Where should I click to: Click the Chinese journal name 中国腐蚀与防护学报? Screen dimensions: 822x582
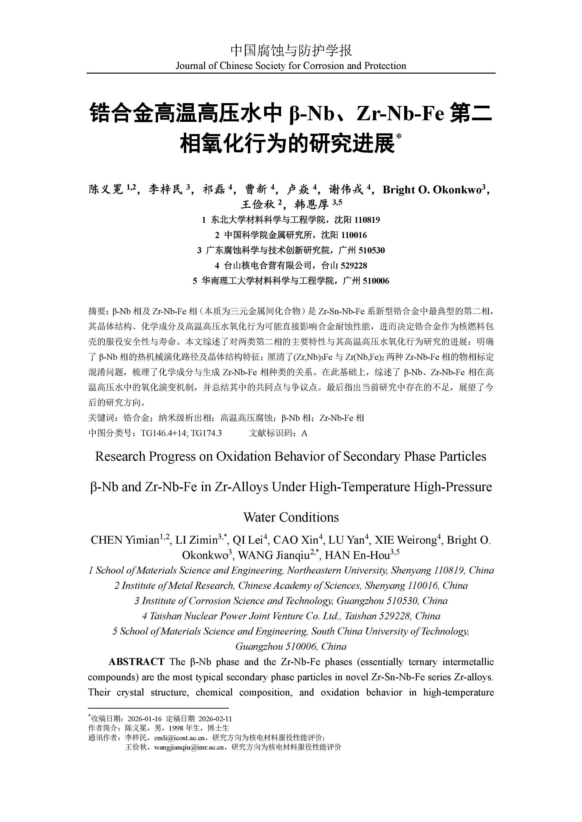tap(291, 50)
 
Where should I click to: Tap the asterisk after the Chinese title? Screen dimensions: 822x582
tap(399, 136)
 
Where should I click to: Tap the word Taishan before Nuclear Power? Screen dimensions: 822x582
tap(165, 616)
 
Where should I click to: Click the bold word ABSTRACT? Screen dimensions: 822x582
tap(136, 662)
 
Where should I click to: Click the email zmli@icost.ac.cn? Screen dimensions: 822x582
tap(179, 737)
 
